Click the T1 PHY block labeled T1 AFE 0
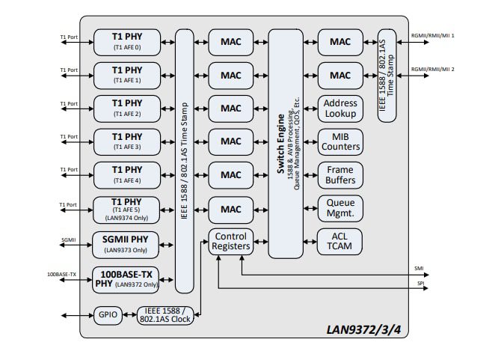[127, 41]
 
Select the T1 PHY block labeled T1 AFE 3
[127, 141]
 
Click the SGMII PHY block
[127, 243]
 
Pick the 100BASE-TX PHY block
[127, 278]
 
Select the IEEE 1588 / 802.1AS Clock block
[165, 315]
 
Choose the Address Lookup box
[340, 109]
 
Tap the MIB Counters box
[340, 141]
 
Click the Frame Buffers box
[340, 175]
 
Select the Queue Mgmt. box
[340, 208]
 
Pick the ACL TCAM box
[340, 241]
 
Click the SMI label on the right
[418, 267]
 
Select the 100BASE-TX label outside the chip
[61, 275]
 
